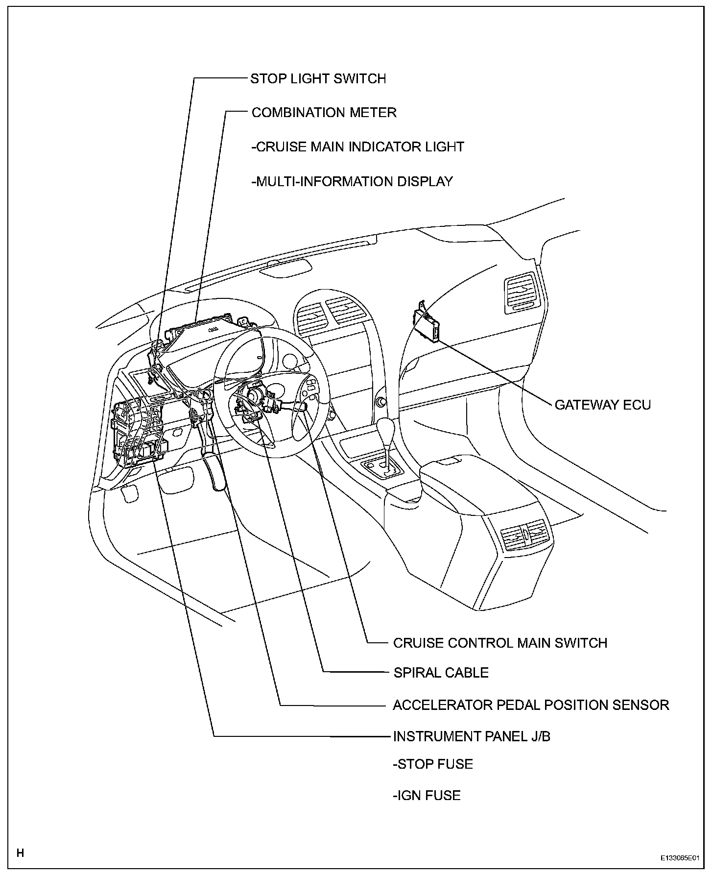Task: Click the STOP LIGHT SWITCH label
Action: click(x=318, y=79)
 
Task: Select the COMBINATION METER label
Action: click(x=324, y=113)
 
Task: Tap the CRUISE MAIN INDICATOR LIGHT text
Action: click(x=357, y=147)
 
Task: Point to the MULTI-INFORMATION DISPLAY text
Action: click(x=352, y=182)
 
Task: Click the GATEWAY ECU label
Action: click(x=602, y=405)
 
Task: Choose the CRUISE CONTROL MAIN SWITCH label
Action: click(x=500, y=643)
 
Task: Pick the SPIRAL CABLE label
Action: click(x=441, y=673)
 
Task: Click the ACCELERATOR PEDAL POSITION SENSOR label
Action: click(x=531, y=705)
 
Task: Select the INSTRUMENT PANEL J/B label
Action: click(x=472, y=737)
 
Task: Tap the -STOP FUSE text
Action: click(x=433, y=764)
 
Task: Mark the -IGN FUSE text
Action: click(x=427, y=795)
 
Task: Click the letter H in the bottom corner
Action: click(x=20, y=853)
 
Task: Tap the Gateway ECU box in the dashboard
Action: click(x=427, y=324)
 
